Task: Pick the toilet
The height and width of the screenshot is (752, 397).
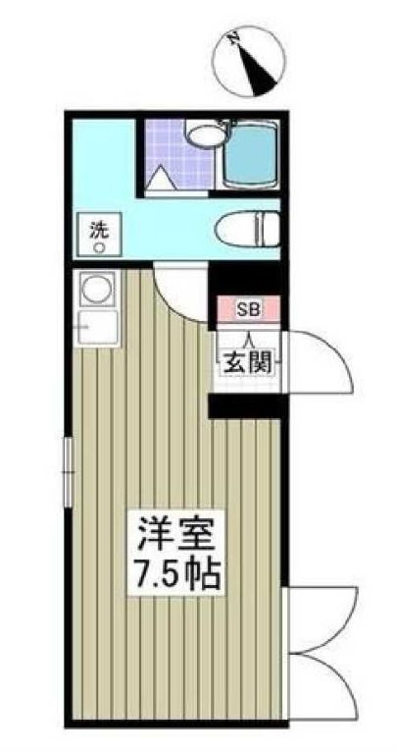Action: (x=246, y=229)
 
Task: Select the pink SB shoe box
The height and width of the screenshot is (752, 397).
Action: (x=249, y=308)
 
